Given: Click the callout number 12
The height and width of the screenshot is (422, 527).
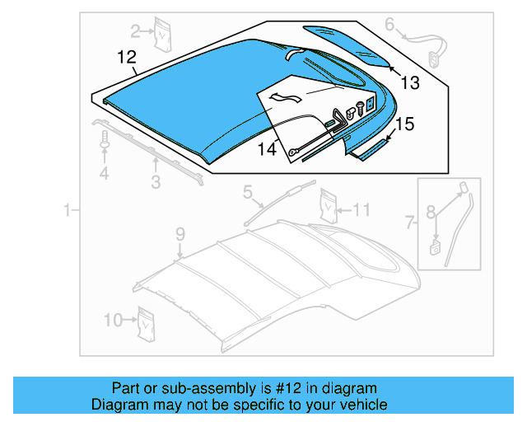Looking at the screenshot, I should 125,58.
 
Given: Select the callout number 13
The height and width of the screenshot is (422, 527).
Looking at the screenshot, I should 409,82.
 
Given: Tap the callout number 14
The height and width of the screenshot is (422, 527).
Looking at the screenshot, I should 266,149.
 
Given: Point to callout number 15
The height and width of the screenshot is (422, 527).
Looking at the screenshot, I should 403,124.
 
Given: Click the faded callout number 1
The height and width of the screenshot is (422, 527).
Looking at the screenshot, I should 68,212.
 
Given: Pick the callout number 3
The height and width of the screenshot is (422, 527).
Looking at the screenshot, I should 155,182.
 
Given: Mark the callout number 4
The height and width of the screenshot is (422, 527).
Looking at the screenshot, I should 104,173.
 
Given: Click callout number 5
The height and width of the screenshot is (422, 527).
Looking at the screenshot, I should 247,193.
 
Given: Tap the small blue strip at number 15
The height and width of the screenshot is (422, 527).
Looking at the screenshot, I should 369,148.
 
